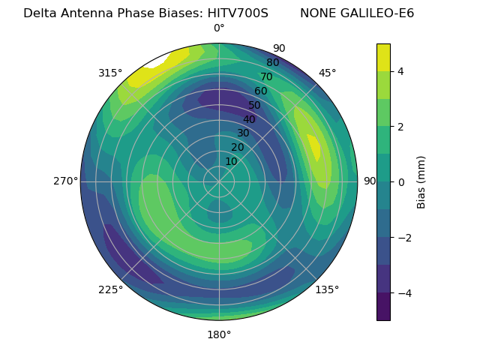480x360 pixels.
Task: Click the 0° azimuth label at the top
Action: (x=219, y=28)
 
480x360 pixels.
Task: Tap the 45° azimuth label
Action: (x=327, y=73)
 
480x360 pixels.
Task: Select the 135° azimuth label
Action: (x=327, y=289)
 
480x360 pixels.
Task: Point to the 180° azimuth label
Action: (x=219, y=334)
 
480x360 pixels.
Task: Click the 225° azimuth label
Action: (x=110, y=289)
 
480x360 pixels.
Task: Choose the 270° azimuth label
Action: (x=65, y=181)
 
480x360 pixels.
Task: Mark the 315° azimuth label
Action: (x=110, y=73)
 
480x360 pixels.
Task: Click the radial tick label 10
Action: (x=231, y=161)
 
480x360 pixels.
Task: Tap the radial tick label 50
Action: (x=255, y=106)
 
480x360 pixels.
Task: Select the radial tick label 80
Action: (x=273, y=63)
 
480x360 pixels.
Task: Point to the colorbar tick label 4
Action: (x=401, y=71)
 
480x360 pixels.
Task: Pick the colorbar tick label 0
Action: (x=401, y=182)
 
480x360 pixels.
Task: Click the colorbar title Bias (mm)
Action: (x=421, y=182)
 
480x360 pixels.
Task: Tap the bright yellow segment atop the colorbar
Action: (x=383, y=58)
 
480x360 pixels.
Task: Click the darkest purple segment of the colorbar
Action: (x=383, y=307)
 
